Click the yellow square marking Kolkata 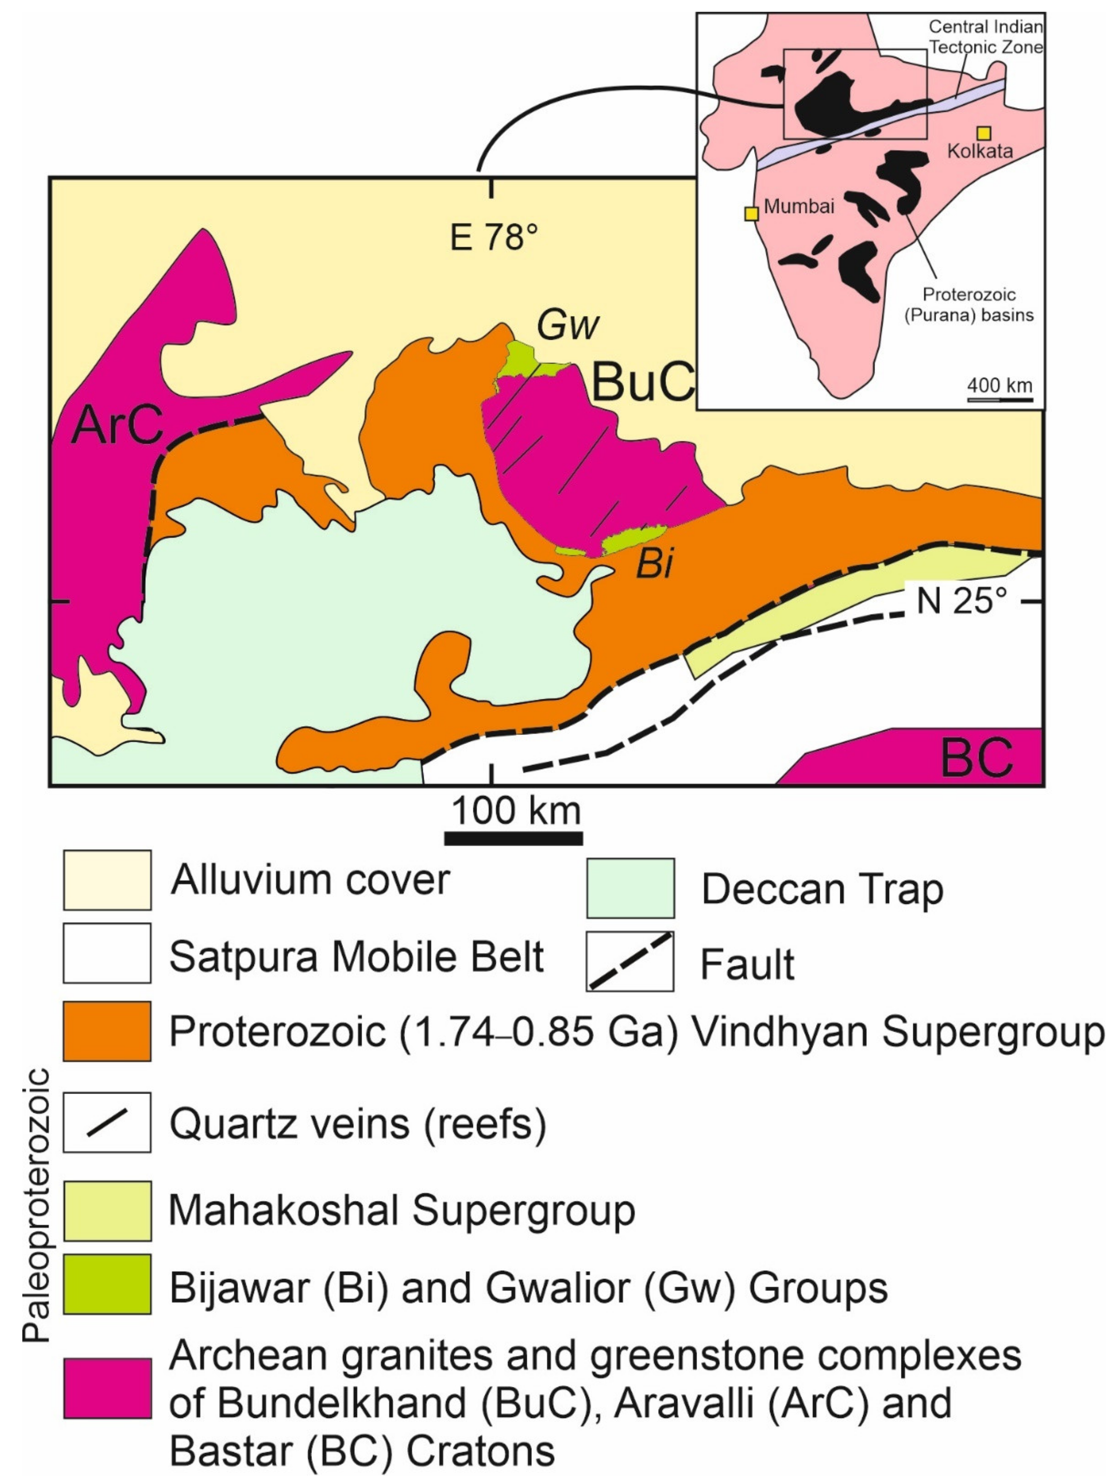(x=984, y=133)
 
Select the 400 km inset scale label (x=999, y=386)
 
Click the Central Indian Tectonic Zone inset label (x=986, y=37)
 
